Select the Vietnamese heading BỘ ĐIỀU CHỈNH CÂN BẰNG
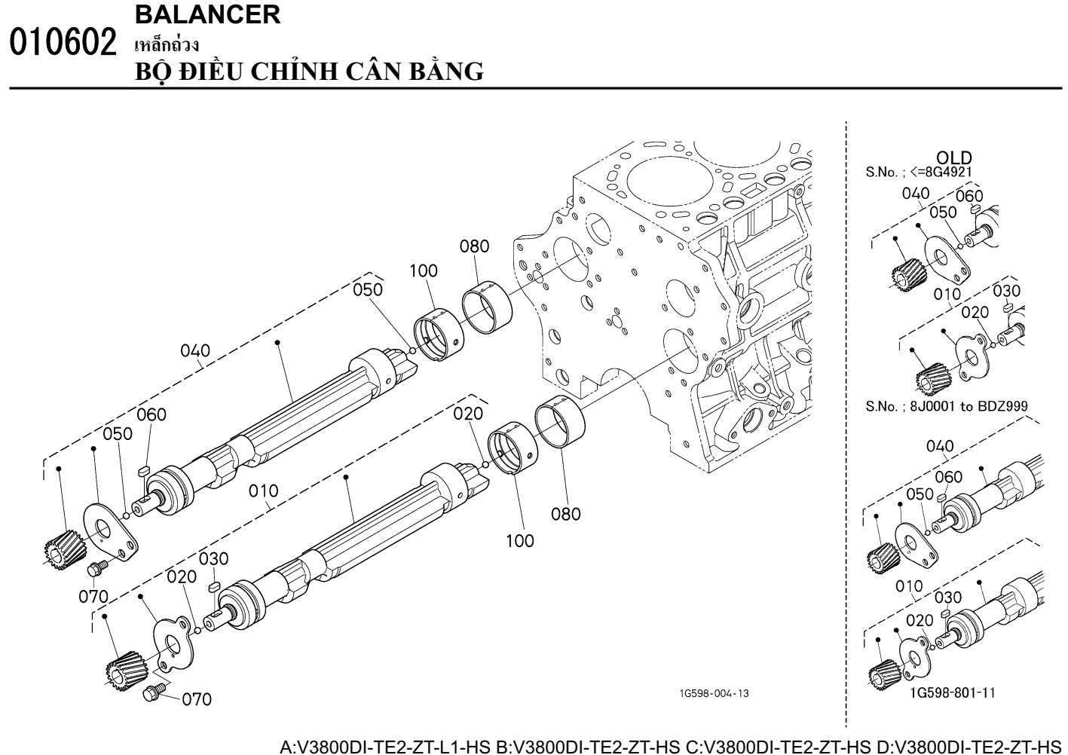tap(308, 71)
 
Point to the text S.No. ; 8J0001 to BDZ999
tap(947, 406)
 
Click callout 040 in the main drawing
tap(195, 350)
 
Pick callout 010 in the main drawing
tap(263, 491)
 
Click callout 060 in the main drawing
tap(151, 414)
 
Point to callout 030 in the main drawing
tap(213, 558)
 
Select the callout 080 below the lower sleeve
tap(565, 514)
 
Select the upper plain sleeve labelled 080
tap(486, 307)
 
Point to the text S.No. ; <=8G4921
tap(919, 172)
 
